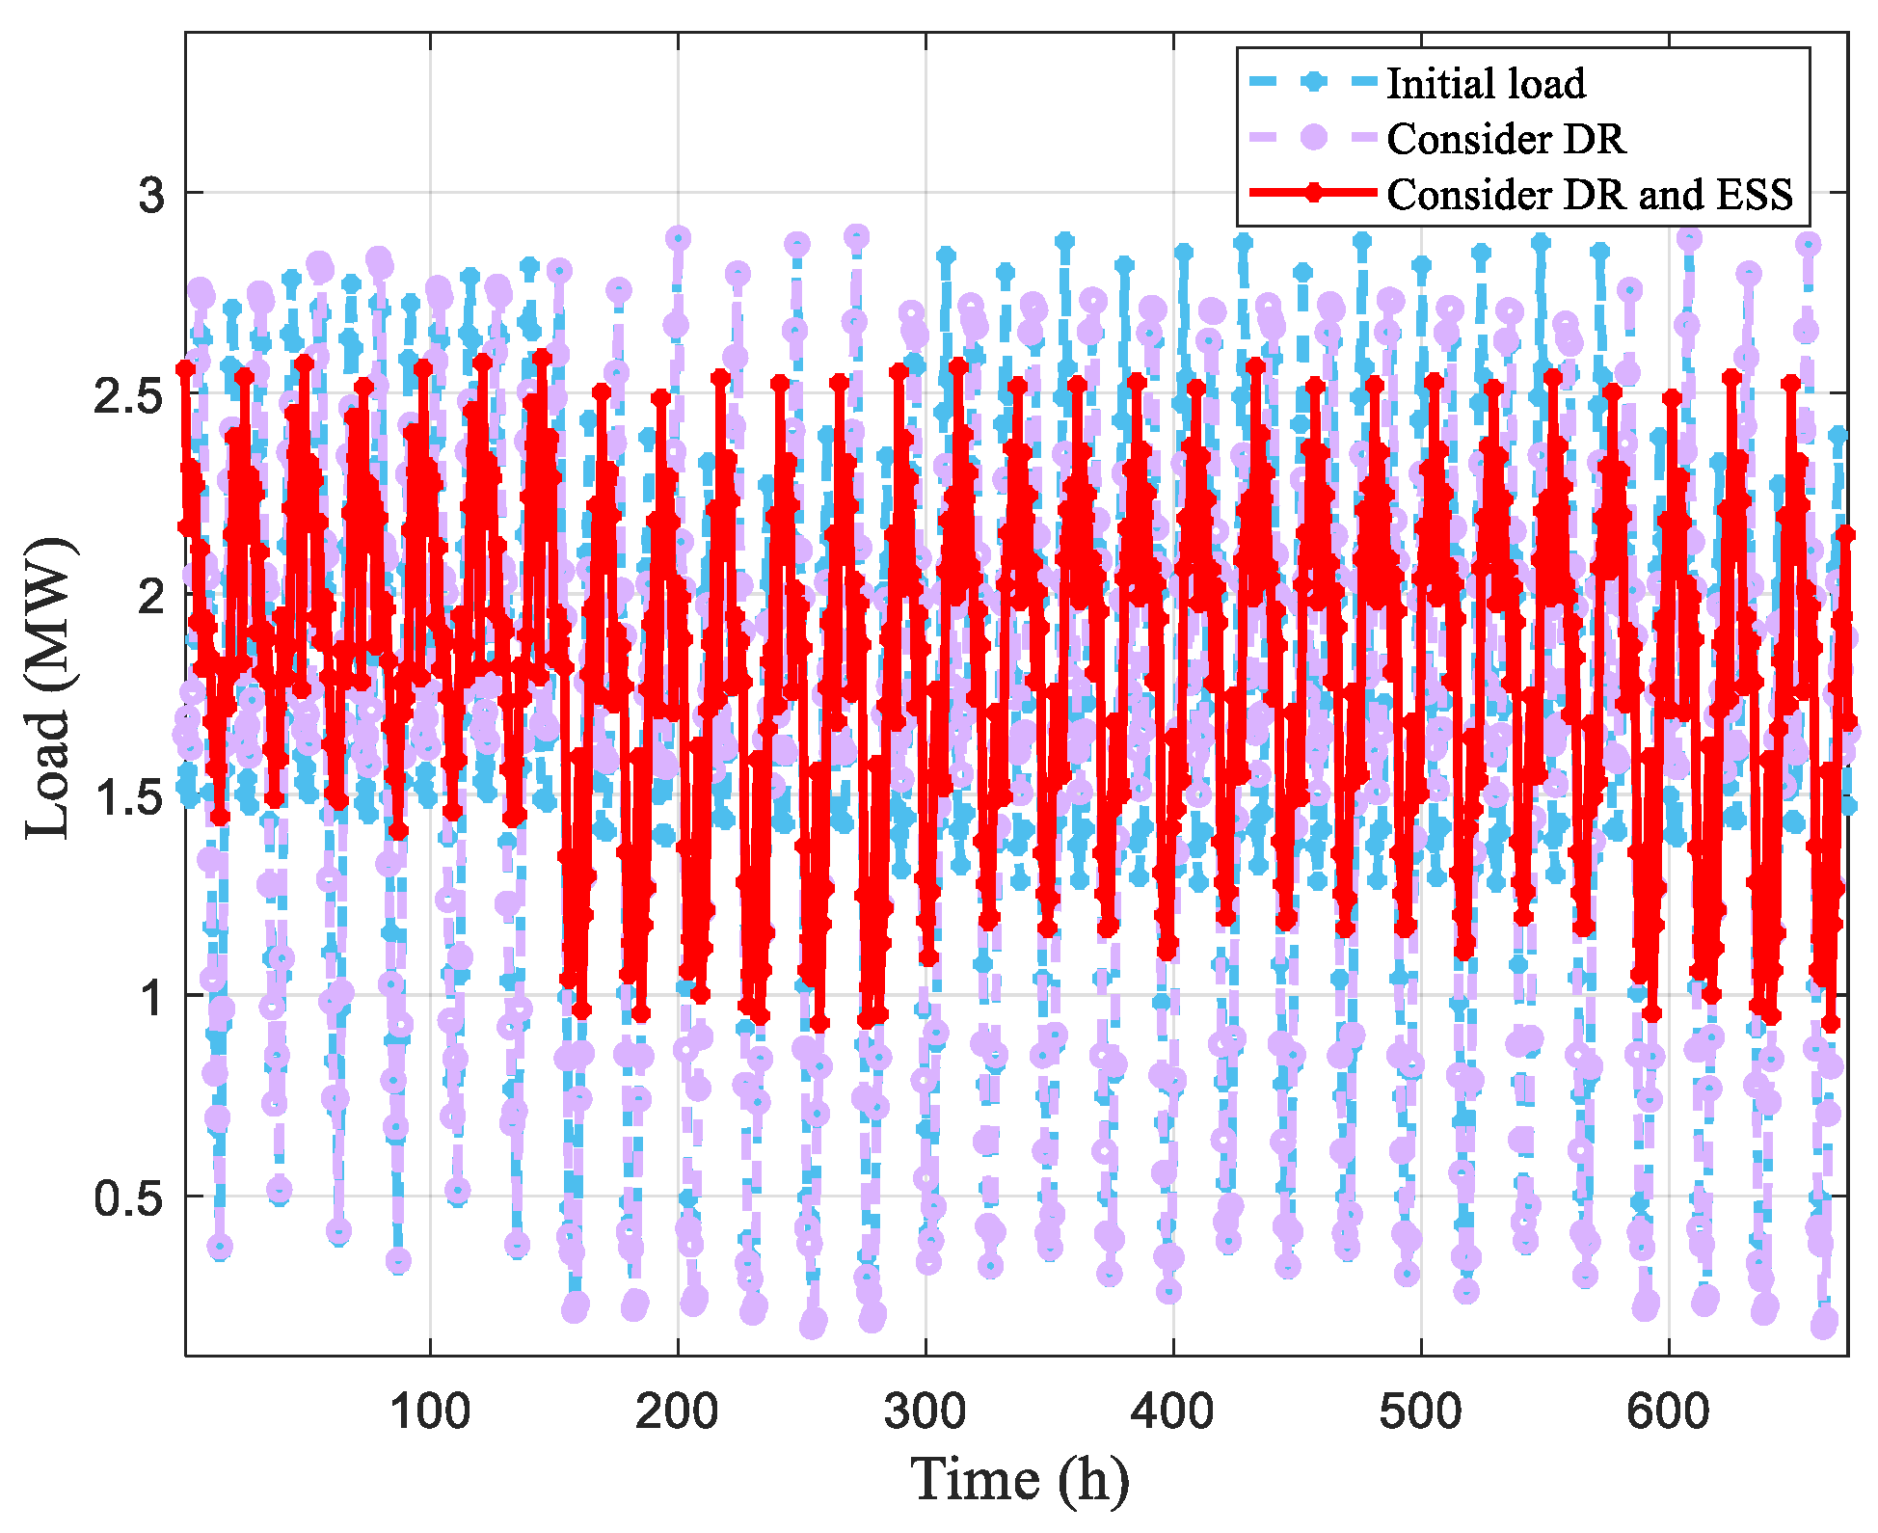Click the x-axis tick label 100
click(x=430, y=1412)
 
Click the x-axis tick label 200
click(x=677, y=1412)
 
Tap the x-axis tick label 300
click(x=925, y=1412)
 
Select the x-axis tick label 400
click(x=1172, y=1412)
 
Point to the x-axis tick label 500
click(x=1420, y=1412)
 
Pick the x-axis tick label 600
click(x=1668, y=1412)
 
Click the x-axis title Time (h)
click(x=1019, y=1480)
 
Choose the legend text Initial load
click(x=1486, y=84)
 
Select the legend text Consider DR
click(x=1506, y=139)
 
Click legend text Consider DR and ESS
click(x=1590, y=195)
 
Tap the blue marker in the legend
click(x=1312, y=82)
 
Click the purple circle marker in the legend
click(x=1313, y=137)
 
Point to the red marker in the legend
click(x=1313, y=193)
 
